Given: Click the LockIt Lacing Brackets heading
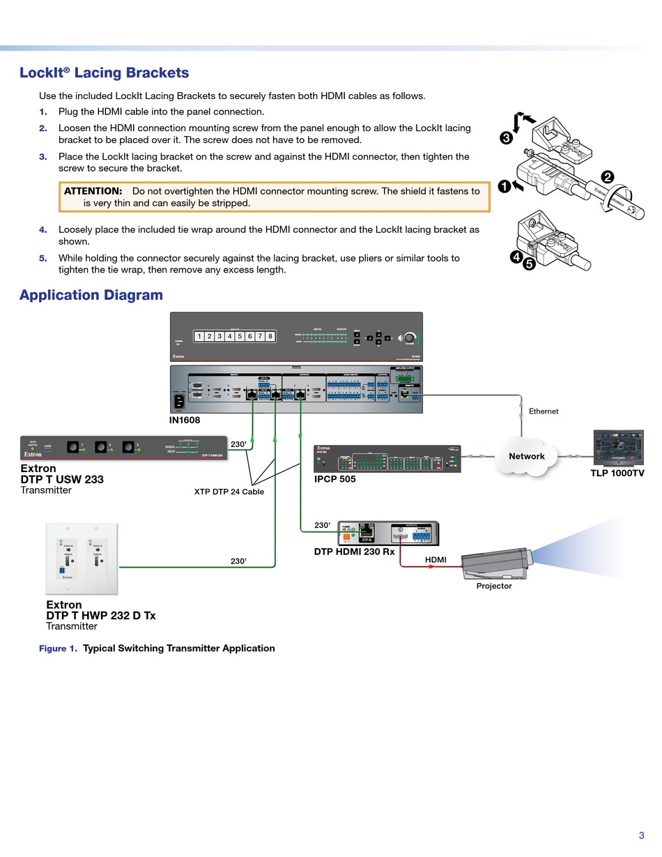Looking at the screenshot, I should coord(104,73).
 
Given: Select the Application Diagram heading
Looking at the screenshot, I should coord(91,295).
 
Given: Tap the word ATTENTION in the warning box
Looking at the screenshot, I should coord(93,191).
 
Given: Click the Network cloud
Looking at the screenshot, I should coord(526,456).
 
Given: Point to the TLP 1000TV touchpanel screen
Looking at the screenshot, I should coord(618,447).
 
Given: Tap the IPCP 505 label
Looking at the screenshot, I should coord(334,479).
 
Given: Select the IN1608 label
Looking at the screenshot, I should coord(185,420).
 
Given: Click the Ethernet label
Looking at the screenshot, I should coord(544,411).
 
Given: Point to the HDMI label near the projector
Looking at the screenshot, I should coord(436,559).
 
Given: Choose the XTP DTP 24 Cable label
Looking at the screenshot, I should coord(229,492).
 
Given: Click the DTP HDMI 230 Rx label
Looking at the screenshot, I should coord(354,552).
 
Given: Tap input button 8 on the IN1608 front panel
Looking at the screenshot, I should coord(270,336).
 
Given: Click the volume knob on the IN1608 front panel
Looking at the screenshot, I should coord(409,338).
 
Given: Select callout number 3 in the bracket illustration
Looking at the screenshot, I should coord(507,138).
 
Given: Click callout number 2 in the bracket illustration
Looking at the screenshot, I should coord(608,177).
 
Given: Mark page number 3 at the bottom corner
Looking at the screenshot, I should coord(641,835).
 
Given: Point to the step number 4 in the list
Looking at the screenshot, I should coord(43,229).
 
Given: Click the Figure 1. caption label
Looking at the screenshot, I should coord(58,649).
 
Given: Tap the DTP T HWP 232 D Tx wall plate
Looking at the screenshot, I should coord(82,558).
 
